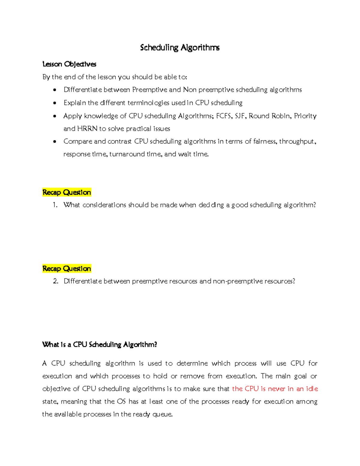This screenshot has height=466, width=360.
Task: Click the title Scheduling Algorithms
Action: pyautogui.click(x=180, y=48)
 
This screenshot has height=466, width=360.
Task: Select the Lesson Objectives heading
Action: pyautogui.click(x=69, y=64)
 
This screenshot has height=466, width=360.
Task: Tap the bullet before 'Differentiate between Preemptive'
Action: pyautogui.click(x=55, y=90)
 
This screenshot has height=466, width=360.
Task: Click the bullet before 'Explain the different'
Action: pyautogui.click(x=55, y=103)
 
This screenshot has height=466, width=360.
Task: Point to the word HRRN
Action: pyautogui.click(x=87, y=129)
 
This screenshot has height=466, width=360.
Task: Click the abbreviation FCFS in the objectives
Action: pyautogui.click(x=223, y=116)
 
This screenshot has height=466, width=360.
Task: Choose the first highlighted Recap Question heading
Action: pyautogui.click(x=67, y=192)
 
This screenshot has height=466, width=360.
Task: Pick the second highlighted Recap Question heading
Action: pyautogui.click(x=67, y=269)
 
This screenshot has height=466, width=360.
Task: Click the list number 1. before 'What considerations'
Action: pyautogui.click(x=55, y=205)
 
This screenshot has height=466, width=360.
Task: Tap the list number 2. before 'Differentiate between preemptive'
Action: pyautogui.click(x=55, y=281)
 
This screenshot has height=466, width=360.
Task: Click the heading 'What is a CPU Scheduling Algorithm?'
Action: pyautogui.click(x=100, y=344)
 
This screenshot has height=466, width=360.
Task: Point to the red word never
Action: pyautogui.click(x=276, y=389)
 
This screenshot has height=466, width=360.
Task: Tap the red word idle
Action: pyautogui.click(x=312, y=389)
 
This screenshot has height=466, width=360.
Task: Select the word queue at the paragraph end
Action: pyautogui.click(x=162, y=414)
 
